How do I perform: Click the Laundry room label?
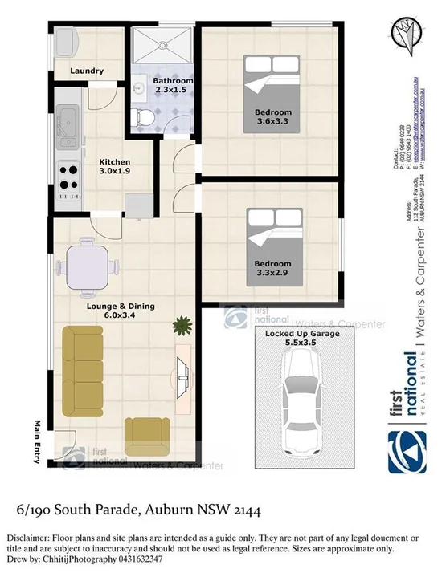(86, 71)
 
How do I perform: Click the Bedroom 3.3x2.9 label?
(273, 267)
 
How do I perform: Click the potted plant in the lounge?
(183, 326)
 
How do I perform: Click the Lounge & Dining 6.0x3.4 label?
(121, 311)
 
